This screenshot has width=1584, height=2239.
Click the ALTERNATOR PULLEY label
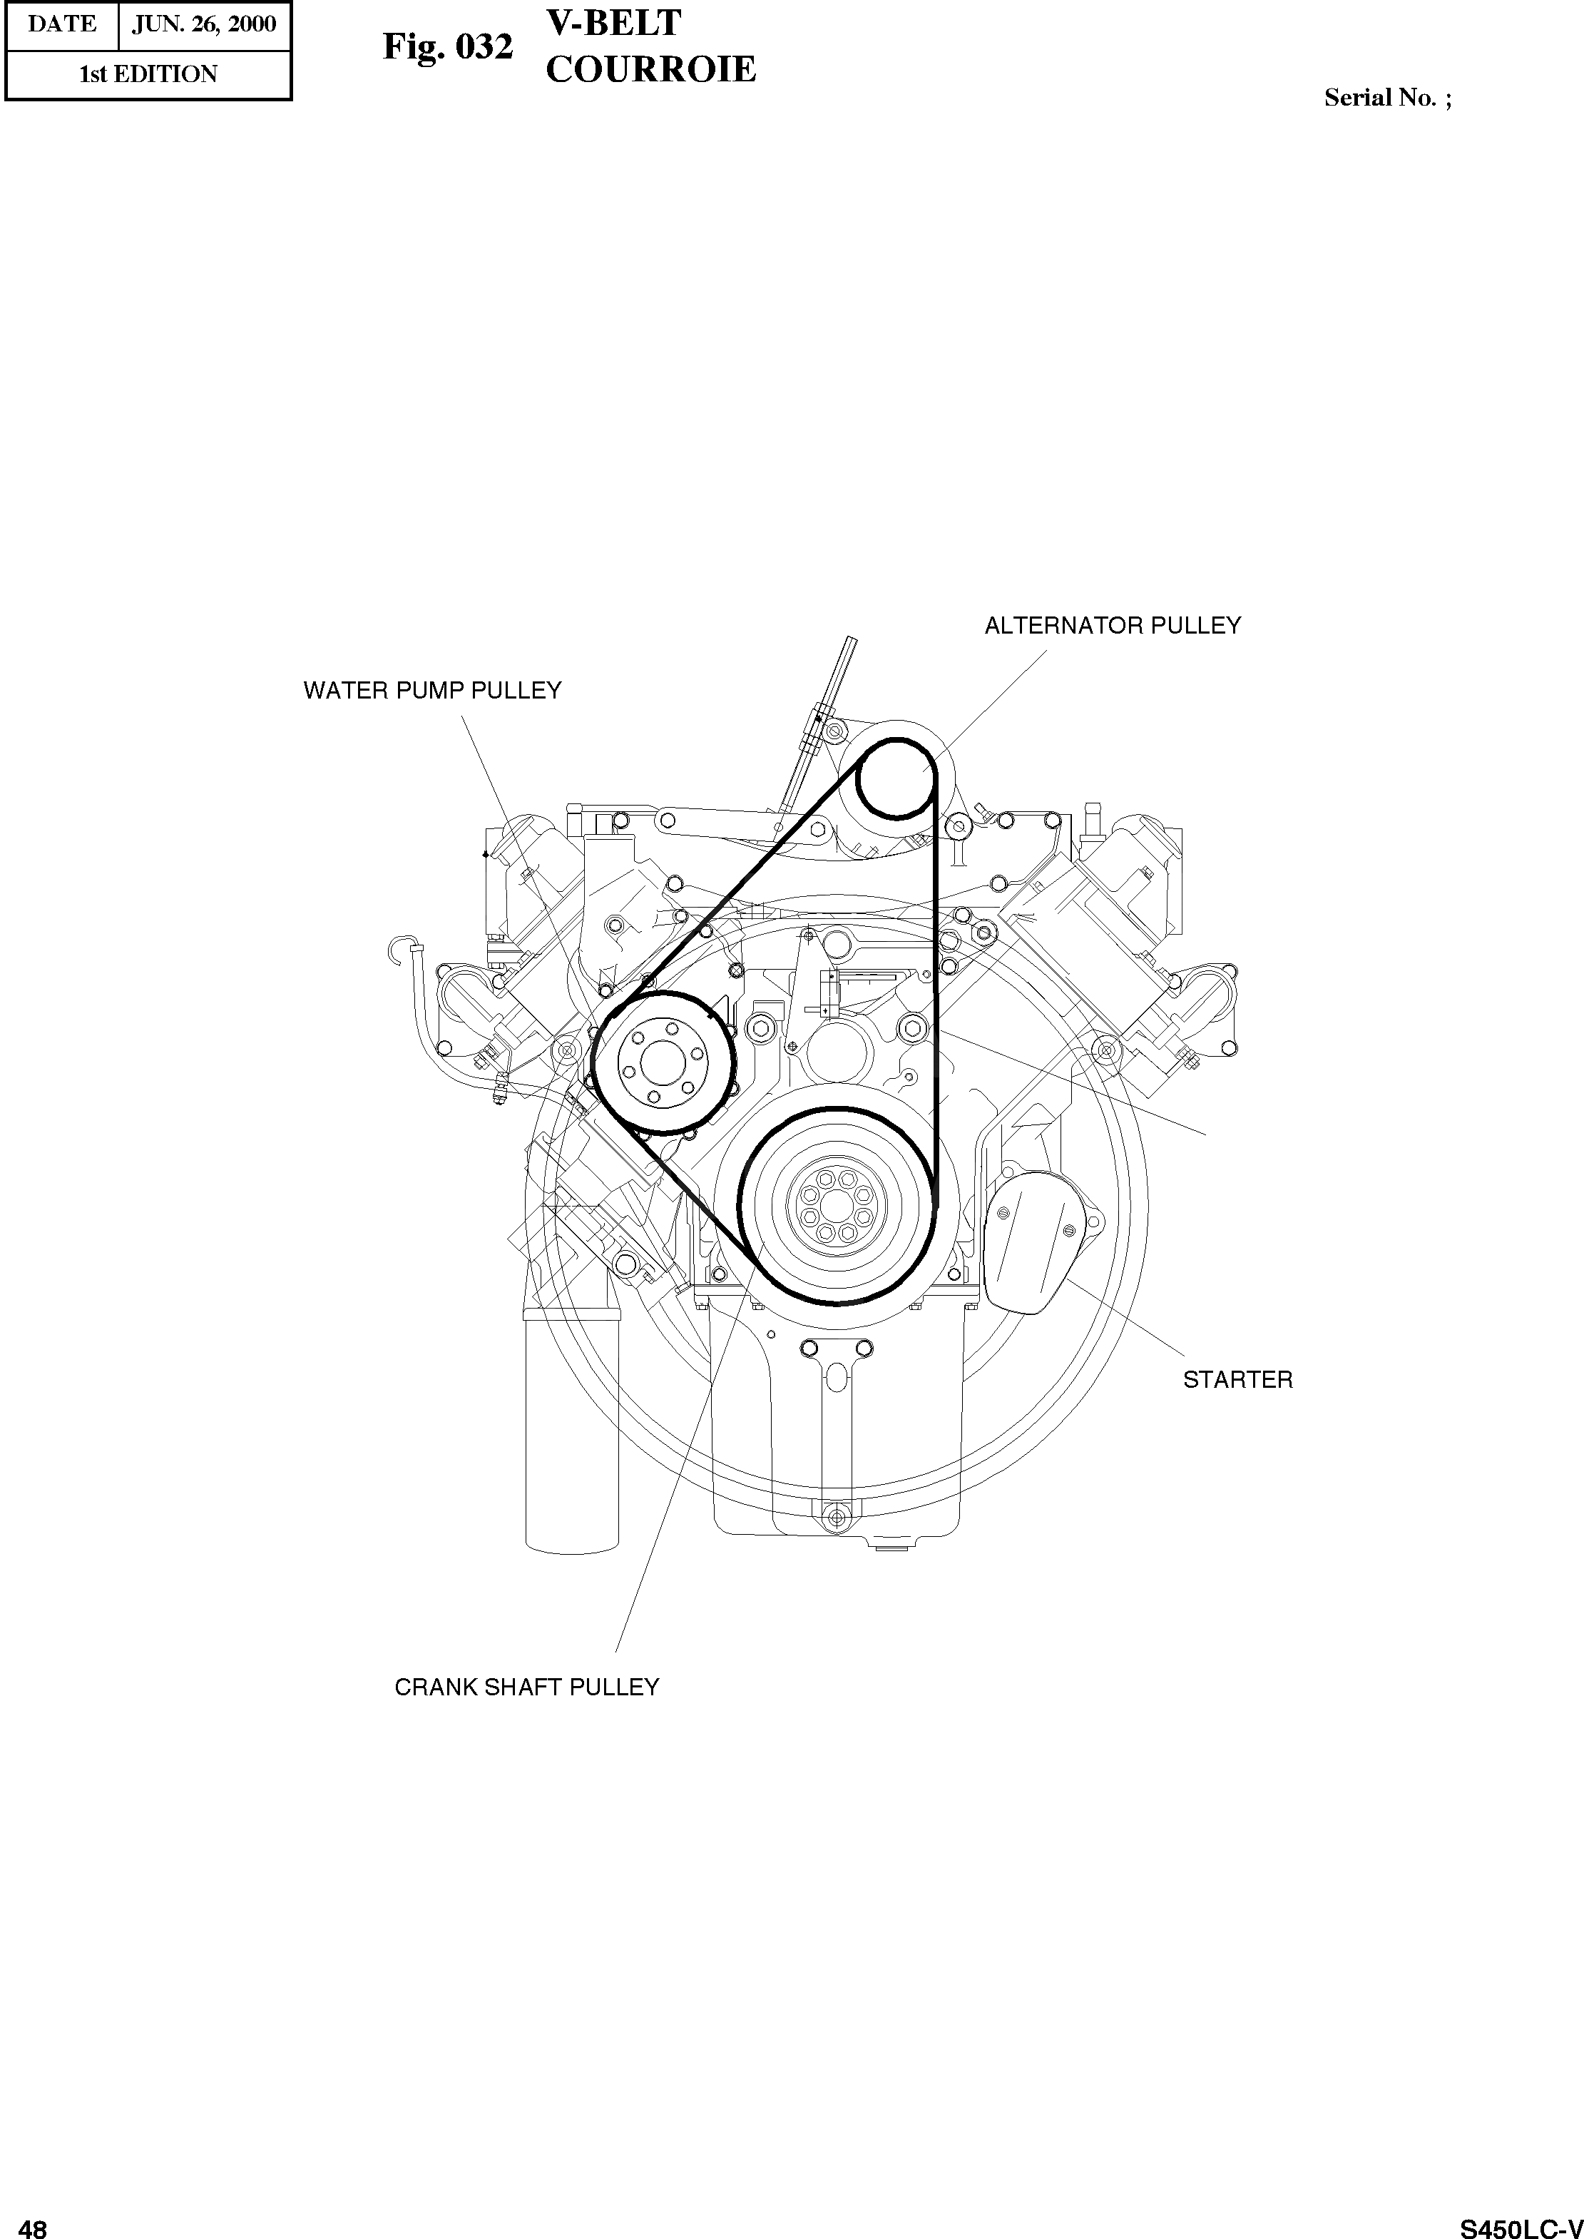coord(1112,625)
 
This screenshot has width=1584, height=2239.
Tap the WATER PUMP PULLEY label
coord(432,691)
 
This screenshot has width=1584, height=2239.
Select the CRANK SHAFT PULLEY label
coord(527,1687)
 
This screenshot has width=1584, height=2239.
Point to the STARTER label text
coord(1237,1379)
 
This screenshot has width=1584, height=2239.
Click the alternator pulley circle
coord(895,778)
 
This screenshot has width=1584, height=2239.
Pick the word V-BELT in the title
coord(613,22)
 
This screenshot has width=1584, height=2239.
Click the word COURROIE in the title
coord(650,69)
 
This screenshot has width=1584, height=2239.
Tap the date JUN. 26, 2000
coord(204,24)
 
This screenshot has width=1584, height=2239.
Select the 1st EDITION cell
coord(148,74)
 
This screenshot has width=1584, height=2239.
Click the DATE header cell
coord(61,24)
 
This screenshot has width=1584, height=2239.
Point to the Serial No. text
coord(1386,98)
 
